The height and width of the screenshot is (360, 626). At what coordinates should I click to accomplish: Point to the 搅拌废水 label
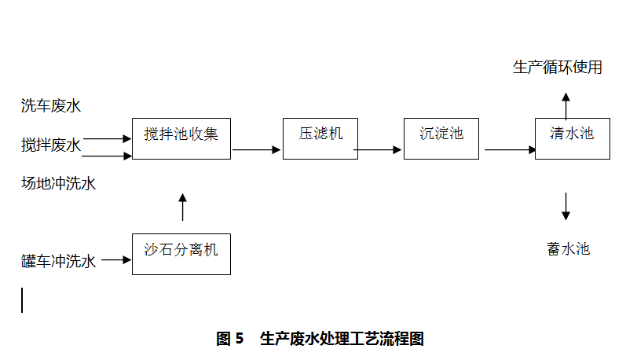click(x=51, y=145)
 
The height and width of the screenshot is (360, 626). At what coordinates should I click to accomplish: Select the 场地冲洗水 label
click(x=59, y=184)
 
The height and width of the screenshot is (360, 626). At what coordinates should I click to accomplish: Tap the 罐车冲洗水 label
click(x=59, y=261)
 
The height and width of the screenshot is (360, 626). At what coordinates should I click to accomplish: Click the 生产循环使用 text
click(x=558, y=68)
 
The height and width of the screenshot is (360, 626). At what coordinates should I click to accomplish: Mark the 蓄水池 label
click(x=568, y=250)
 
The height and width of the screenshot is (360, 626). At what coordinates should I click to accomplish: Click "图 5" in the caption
click(x=230, y=339)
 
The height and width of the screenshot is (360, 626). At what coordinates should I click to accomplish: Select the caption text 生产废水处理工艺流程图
click(x=342, y=339)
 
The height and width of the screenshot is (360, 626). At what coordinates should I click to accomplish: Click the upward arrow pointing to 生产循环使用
click(x=566, y=105)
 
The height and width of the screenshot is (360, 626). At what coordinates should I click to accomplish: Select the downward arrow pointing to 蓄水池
click(x=566, y=206)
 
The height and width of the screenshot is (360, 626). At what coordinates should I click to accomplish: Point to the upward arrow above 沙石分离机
click(x=183, y=206)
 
